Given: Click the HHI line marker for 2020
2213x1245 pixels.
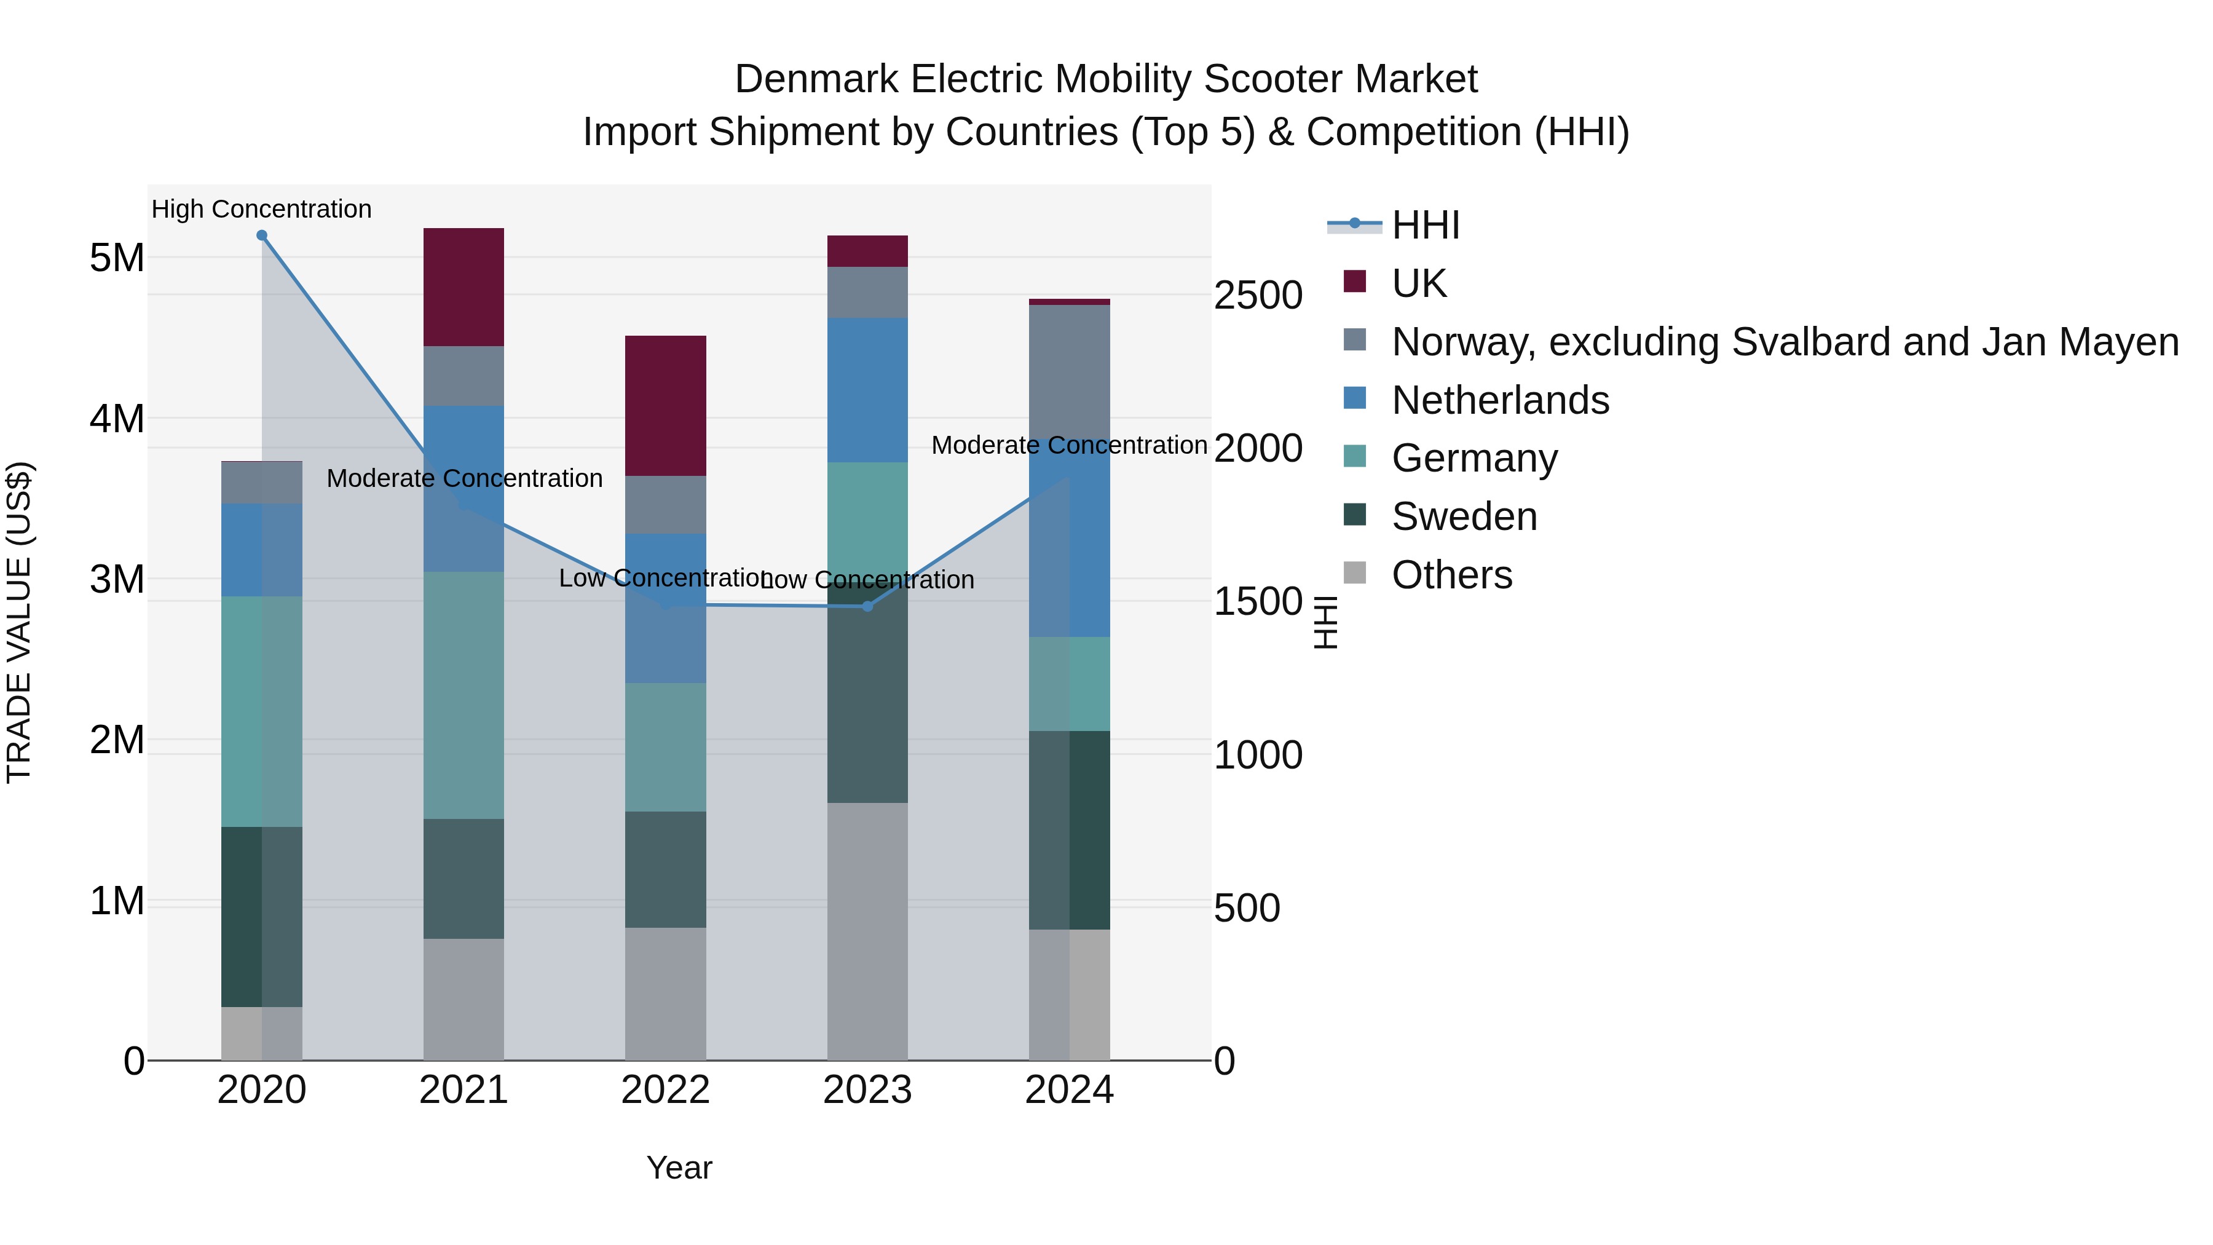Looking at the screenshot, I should point(262,235).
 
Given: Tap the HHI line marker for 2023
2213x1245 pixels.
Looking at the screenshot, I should point(867,607).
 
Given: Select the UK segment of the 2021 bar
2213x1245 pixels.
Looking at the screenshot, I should point(464,287).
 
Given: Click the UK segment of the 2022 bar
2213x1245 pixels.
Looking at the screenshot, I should point(666,406).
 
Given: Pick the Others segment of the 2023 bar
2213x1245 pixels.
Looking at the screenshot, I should point(867,931).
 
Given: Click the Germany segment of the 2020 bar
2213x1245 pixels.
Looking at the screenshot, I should point(262,711).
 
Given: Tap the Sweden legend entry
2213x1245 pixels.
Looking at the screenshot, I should point(1464,516).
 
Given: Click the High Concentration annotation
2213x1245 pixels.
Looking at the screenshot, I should point(261,209).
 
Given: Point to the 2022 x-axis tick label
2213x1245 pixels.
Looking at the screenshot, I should point(666,1090).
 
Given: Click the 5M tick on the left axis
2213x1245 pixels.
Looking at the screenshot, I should point(117,258).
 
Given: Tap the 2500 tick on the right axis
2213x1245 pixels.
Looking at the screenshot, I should point(1258,296).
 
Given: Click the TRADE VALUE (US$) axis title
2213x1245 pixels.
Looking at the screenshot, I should point(19,622).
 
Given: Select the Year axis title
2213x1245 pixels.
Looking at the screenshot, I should point(679,1168).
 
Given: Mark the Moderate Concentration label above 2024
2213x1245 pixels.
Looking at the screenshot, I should point(1070,445).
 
